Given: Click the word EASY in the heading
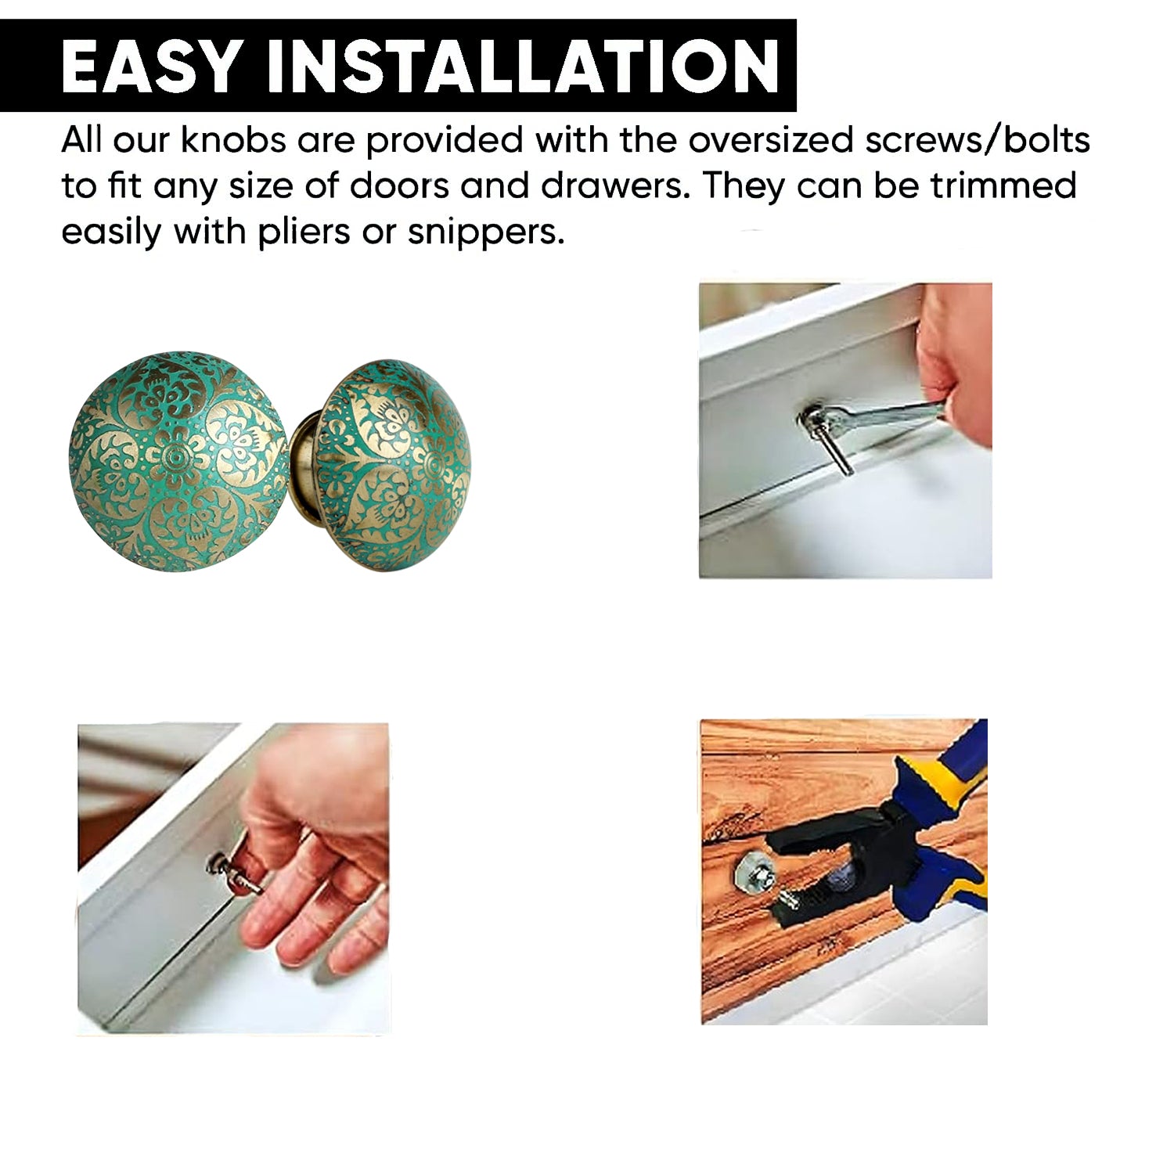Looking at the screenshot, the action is (149, 66).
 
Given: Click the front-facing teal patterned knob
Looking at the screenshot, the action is (179, 460).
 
